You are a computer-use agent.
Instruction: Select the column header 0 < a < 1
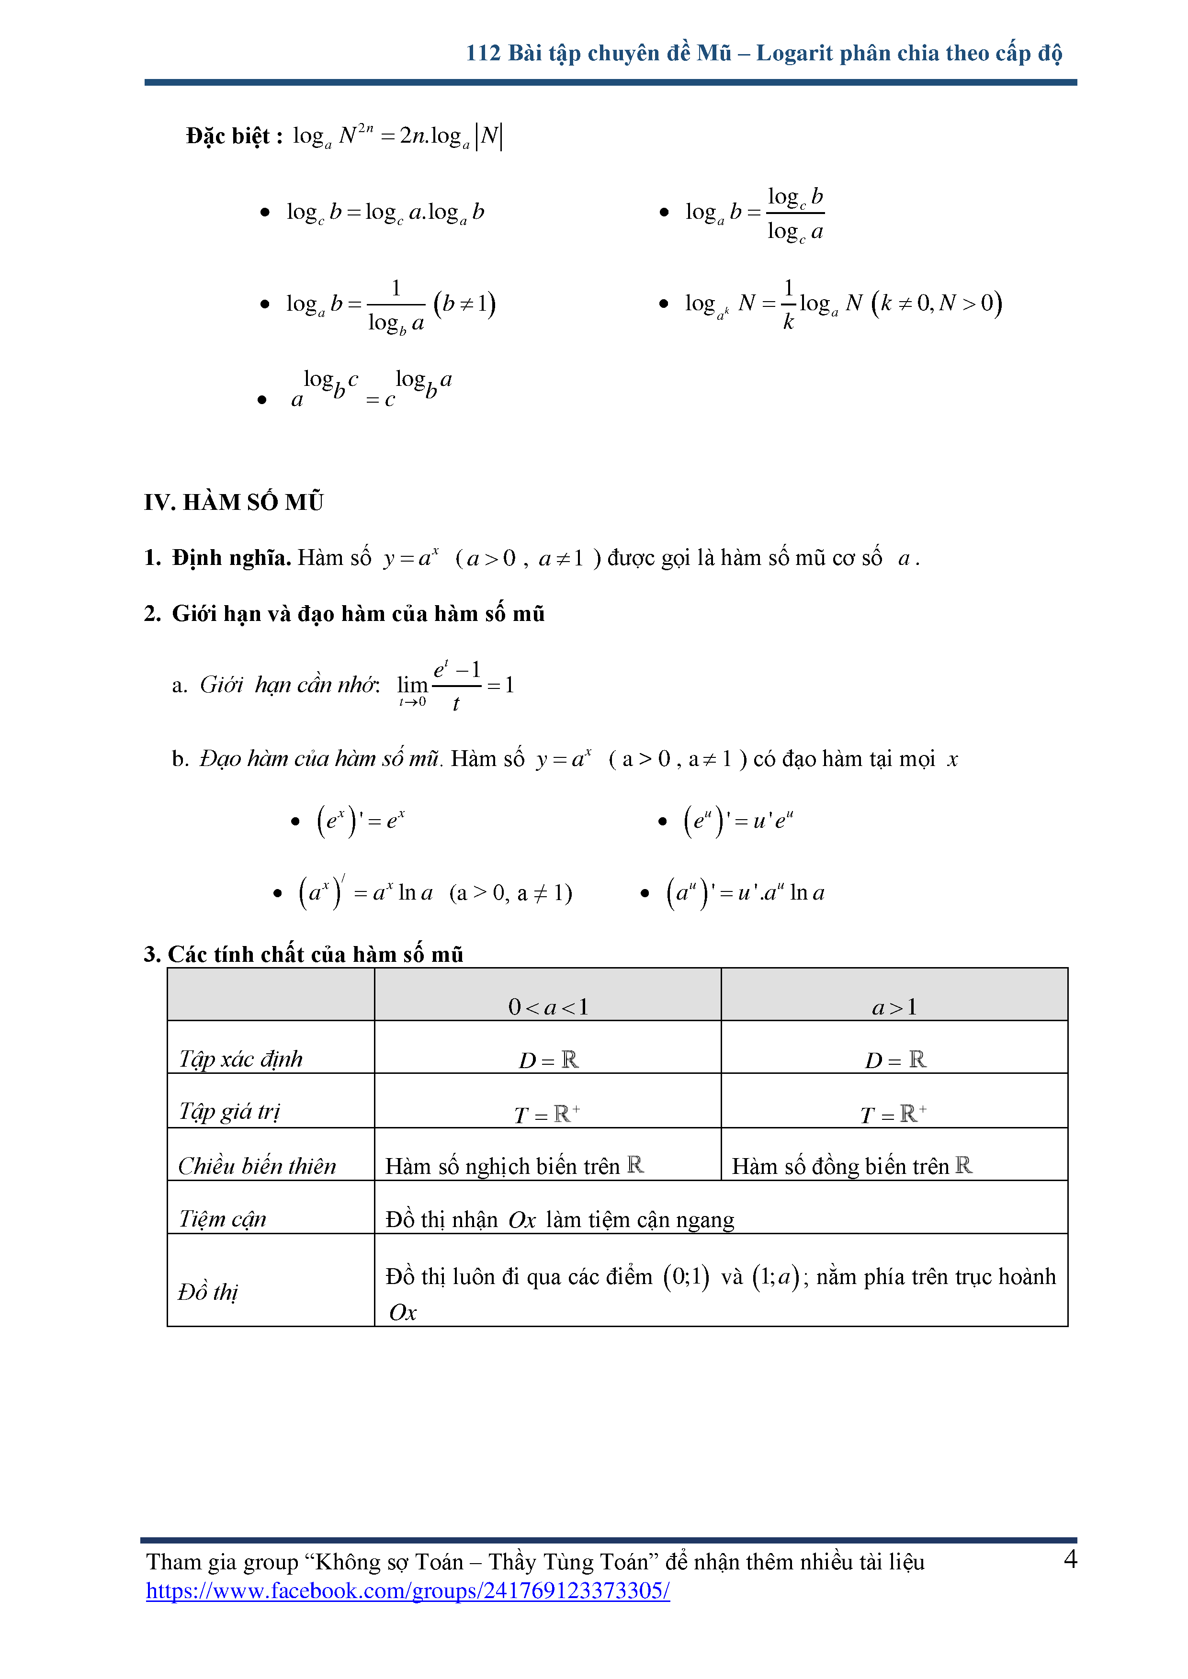point(548,1007)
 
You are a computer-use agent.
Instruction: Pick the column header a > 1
point(894,1007)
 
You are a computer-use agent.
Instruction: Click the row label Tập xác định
point(241,1059)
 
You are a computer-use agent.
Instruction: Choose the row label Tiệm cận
point(222,1219)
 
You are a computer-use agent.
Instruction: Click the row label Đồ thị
point(208,1291)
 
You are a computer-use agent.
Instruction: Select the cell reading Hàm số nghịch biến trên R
point(514,1166)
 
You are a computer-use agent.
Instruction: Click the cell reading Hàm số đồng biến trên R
point(851,1166)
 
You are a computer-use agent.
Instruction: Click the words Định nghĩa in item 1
point(231,558)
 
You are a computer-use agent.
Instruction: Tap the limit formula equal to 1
point(455,685)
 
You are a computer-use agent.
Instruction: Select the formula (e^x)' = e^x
point(361,821)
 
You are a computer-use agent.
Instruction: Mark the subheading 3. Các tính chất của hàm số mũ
point(304,954)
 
